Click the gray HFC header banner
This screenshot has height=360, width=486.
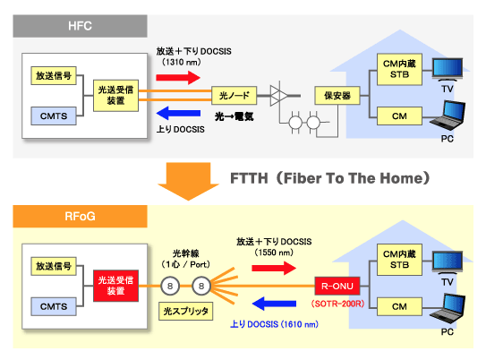80,26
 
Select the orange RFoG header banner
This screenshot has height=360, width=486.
80,216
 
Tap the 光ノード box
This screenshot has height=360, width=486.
234,96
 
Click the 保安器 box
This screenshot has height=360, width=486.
337,96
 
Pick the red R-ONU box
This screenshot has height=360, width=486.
337,286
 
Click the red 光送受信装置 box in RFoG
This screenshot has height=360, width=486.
116,286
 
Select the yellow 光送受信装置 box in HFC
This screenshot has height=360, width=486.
116,96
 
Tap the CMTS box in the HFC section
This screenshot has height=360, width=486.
54,116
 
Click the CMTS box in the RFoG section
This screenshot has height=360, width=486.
54,306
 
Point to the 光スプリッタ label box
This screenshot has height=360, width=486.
185,311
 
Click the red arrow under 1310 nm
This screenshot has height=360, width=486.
178,77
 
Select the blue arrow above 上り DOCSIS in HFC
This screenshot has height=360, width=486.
178,113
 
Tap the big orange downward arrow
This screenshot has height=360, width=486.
188,182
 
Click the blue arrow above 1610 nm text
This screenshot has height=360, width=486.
274,304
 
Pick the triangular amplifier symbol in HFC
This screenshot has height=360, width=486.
278,96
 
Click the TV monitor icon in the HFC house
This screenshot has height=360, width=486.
448,70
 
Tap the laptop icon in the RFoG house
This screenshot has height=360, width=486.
448,310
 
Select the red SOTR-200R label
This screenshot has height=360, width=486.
337,304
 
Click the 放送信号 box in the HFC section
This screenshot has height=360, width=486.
54,75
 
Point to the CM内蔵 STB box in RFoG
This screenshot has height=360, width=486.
399,260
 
